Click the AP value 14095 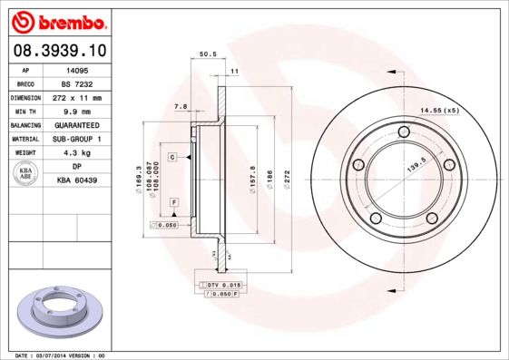(78, 69)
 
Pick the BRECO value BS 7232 (78, 83)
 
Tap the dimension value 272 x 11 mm (78, 97)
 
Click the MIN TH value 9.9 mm (78, 111)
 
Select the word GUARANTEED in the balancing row (78, 125)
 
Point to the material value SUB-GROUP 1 (78, 139)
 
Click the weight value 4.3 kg (78, 153)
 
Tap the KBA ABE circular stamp (27, 174)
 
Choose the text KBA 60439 (78, 181)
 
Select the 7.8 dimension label (180, 107)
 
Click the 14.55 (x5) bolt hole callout (438, 111)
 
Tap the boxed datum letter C (171, 158)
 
